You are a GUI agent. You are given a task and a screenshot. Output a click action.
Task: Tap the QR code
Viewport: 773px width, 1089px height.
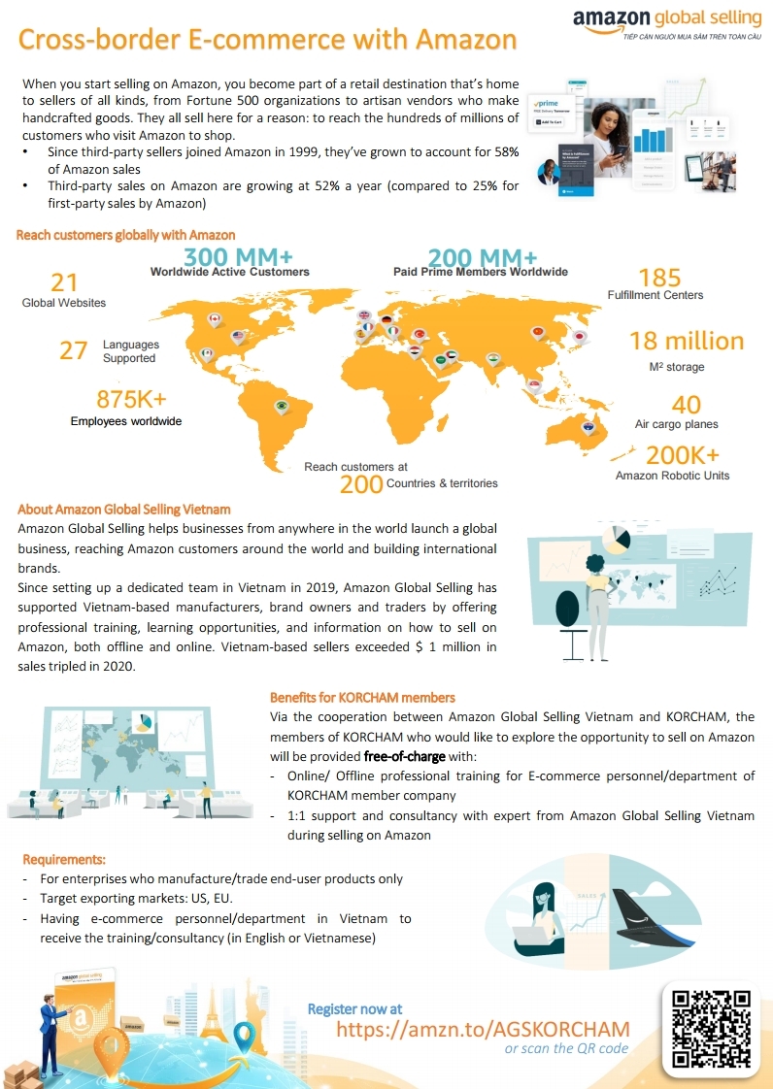(712, 1028)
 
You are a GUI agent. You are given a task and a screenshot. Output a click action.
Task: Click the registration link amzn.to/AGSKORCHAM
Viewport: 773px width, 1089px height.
(483, 1029)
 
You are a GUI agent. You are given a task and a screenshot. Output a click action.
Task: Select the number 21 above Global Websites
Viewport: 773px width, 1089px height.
(64, 281)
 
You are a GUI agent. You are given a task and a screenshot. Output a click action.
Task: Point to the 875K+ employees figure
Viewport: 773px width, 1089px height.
(131, 399)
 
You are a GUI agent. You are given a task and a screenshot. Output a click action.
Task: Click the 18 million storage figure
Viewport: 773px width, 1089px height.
(687, 341)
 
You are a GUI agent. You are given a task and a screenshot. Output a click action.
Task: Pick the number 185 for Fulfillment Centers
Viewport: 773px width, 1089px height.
(659, 278)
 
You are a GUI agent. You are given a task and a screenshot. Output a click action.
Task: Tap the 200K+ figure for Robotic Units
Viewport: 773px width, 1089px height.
(683, 455)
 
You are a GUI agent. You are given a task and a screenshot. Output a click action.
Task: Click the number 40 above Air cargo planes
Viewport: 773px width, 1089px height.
(687, 404)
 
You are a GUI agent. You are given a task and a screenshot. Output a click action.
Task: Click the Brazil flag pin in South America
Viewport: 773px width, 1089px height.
(282, 406)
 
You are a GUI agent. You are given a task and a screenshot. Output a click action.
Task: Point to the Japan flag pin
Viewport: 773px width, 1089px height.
(580, 336)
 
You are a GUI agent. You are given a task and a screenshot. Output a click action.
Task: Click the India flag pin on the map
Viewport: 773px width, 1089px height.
(493, 359)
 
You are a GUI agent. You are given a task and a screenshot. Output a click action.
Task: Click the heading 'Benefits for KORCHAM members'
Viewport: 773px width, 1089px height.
(362, 698)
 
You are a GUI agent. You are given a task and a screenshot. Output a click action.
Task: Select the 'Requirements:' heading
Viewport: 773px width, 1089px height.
(64, 859)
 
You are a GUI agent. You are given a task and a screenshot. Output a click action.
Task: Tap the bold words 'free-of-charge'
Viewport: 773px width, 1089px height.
(404, 756)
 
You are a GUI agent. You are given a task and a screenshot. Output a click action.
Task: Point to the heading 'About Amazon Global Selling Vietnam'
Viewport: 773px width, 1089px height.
(124, 510)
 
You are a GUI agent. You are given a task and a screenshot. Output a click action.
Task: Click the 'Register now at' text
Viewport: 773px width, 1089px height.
(354, 1009)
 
